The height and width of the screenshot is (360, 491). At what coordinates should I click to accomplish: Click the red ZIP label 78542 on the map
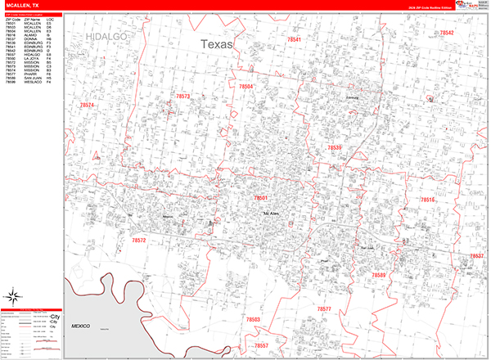pyautogui.click(x=447, y=34)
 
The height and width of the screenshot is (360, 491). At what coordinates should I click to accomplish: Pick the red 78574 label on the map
pyautogui.click(x=87, y=106)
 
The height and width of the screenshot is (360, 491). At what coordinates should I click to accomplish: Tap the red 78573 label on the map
pyautogui.click(x=182, y=97)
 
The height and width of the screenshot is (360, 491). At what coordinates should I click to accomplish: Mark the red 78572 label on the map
pyautogui.click(x=138, y=241)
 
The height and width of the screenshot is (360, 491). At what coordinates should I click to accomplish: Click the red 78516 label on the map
pyautogui.click(x=428, y=200)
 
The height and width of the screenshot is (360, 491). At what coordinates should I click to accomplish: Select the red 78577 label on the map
pyautogui.click(x=325, y=308)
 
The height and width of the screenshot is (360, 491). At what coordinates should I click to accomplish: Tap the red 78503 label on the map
pyautogui.click(x=253, y=319)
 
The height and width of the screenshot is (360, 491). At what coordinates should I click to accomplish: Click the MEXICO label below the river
pyautogui.click(x=79, y=326)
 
